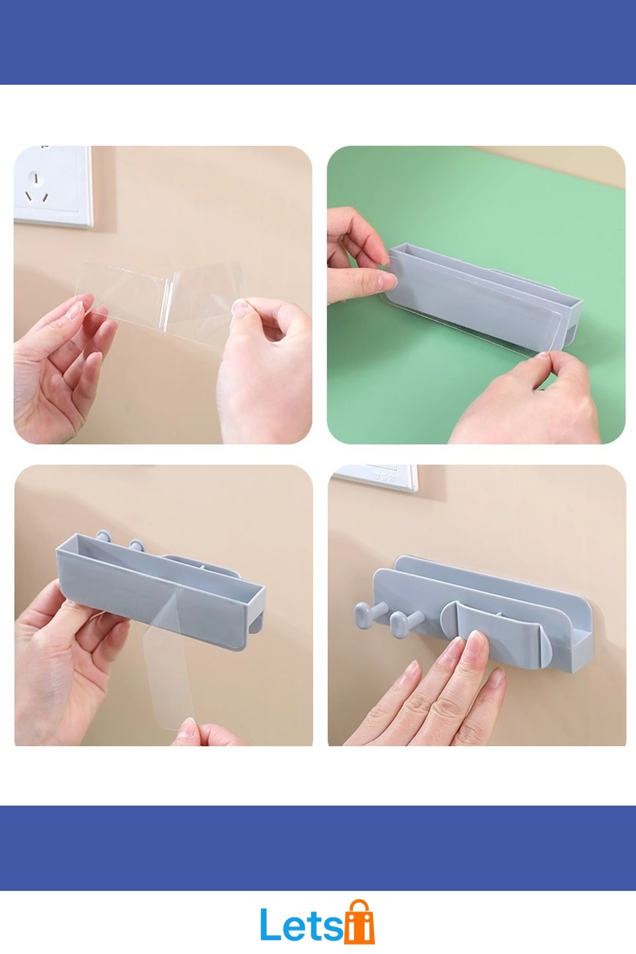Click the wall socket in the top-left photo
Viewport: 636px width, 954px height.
pyautogui.click(x=52, y=187)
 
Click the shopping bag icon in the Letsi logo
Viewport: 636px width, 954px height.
pyautogui.click(x=360, y=921)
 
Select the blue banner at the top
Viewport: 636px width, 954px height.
pyautogui.click(x=318, y=42)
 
